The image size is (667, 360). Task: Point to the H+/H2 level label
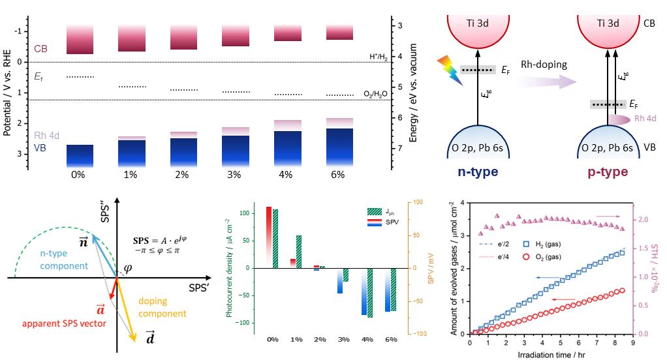pos(378,57)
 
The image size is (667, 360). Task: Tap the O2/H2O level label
pos(376,94)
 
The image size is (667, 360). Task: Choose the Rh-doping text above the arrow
pos(544,65)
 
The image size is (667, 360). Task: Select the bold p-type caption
pos(606,172)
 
